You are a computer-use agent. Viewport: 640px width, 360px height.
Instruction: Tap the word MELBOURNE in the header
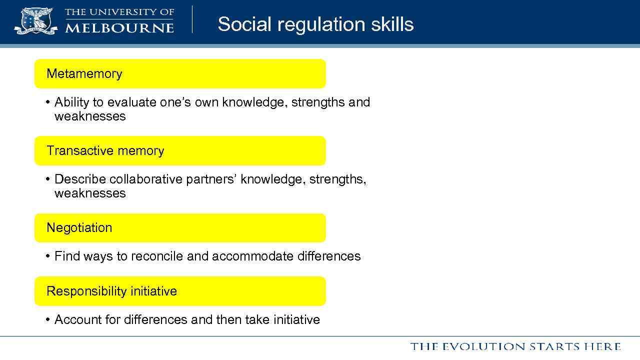pos(119,27)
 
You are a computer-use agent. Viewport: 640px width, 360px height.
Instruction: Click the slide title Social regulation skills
pos(315,24)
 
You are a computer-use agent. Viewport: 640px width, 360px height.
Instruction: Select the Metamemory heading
pos(84,73)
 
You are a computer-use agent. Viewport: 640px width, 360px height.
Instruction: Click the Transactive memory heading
pos(105,150)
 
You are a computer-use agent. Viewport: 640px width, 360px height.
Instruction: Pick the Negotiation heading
pos(79,227)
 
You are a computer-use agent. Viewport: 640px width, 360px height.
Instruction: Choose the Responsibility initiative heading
pos(111,291)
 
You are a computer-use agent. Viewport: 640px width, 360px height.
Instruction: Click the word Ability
pos(72,102)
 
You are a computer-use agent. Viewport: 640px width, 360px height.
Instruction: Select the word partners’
pos(211,179)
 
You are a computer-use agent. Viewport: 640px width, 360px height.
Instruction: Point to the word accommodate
pos(253,256)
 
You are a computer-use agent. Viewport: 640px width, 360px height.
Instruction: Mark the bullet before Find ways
pos(47,256)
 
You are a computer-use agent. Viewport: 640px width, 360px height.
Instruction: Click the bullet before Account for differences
pos(47,319)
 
